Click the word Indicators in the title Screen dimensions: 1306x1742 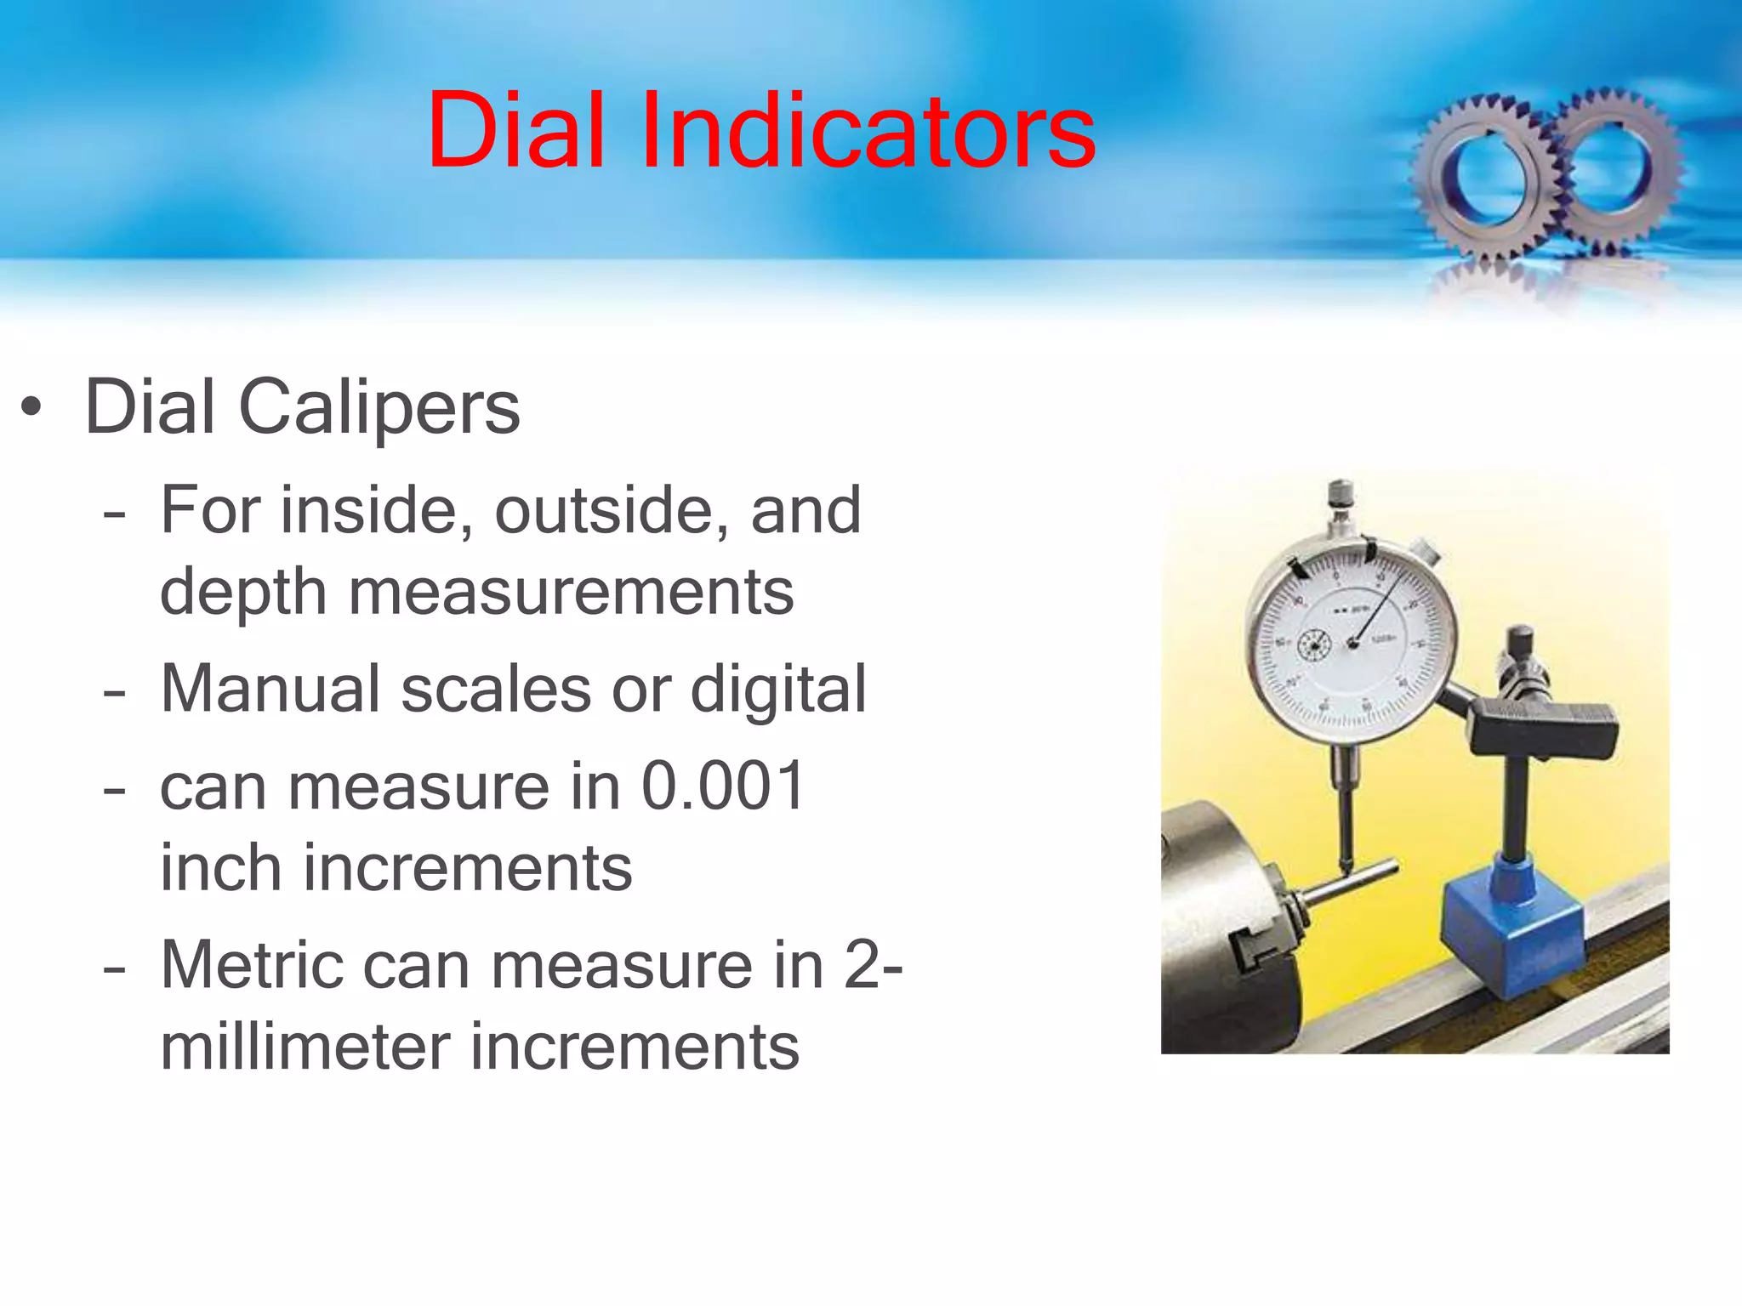click(x=868, y=133)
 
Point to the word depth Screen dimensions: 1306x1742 click(x=243, y=593)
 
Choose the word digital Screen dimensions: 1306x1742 click(x=778, y=689)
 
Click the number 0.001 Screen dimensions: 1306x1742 click(x=723, y=786)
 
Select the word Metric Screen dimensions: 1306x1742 click(x=251, y=966)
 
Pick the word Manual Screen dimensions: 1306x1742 click(x=270, y=689)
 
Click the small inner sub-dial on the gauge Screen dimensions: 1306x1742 click(x=1312, y=646)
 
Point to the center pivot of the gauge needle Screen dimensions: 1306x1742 click(x=1352, y=644)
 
